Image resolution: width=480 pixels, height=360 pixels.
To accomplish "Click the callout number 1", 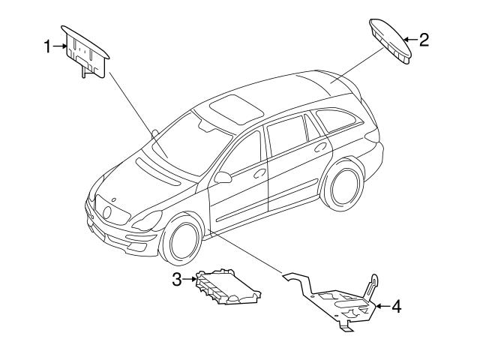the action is [x=46, y=46].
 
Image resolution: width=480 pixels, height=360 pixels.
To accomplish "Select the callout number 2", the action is [x=424, y=40].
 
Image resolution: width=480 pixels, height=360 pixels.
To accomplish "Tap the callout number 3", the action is [x=177, y=279].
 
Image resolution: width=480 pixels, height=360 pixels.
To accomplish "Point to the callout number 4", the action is [x=397, y=306].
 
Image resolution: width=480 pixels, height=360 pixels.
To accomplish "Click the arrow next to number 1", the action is [x=60, y=46].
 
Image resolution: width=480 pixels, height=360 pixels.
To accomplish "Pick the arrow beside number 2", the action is [x=410, y=40].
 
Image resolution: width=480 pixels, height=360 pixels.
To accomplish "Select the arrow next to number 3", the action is [x=190, y=279].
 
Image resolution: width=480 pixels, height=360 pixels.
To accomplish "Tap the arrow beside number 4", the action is [x=382, y=306].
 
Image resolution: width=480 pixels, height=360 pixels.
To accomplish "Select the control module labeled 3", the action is [x=228, y=287].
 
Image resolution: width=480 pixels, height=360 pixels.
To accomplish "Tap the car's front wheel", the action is [x=182, y=240].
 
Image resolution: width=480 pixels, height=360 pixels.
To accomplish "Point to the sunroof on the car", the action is [x=237, y=109].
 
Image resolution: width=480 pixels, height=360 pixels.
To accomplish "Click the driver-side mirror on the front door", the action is [x=223, y=178].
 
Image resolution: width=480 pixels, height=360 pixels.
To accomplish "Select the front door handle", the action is [x=259, y=173].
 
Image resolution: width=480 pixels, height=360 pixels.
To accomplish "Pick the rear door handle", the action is [x=320, y=147].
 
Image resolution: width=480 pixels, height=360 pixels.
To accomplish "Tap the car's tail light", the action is [x=373, y=135].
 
